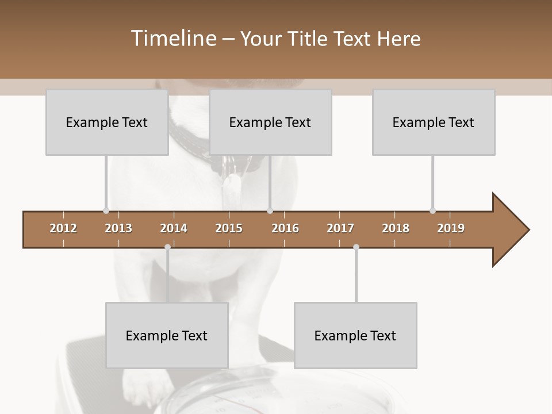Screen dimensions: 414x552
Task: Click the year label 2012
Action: click(63, 228)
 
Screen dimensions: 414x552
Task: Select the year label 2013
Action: click(118, 228)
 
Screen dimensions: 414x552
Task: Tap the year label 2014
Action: click(174, 228)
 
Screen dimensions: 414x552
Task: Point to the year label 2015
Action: click(229, 228)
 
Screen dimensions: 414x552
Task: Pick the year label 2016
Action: click(285, 228)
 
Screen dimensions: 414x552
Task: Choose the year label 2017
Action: click(340, 228)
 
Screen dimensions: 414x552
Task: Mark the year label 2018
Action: click(396, 228)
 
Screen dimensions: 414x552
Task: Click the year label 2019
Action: click(451, 228)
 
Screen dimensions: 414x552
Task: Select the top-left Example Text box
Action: click(107, 122)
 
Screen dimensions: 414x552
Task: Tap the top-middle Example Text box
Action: click(270, 122)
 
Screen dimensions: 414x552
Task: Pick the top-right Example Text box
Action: click(434, 122)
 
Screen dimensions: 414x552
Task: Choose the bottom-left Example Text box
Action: click(167, 335)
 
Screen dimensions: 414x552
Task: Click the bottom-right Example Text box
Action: click(355, 335)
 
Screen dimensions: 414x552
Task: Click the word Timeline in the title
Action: click(173, 39)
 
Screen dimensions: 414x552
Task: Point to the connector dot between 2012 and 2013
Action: click(106, 210)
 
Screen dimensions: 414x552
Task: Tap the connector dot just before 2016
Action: click(270, 210)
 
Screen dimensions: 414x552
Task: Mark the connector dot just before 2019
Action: click(432, 210)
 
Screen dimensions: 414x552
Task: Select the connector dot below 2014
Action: click(167, 247)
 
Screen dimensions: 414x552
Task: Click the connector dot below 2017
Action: click(356, 247)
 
